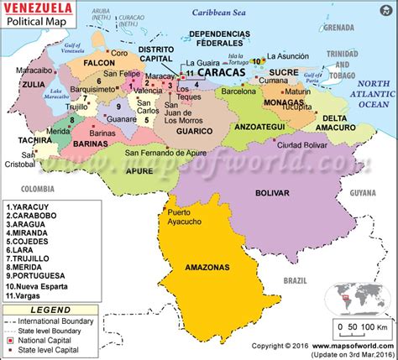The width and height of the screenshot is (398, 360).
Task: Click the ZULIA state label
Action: (34, 84)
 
